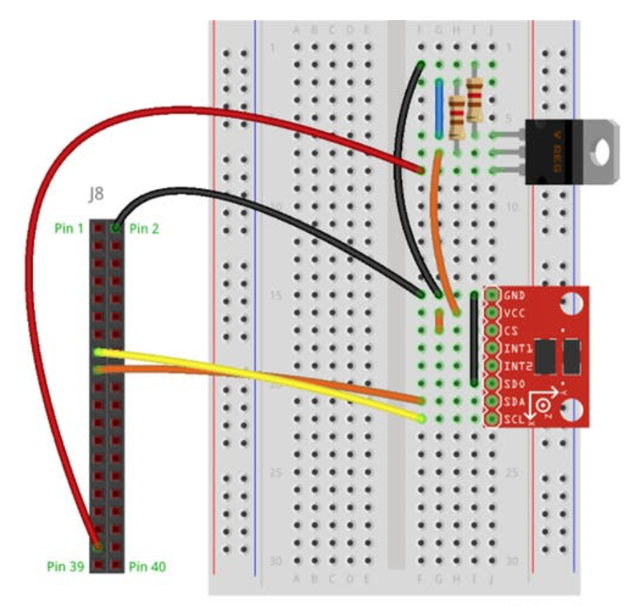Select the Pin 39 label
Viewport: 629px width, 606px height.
coord(67,567)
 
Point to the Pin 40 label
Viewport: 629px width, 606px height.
coord(148,567)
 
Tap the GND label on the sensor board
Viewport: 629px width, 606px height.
coord(514,295)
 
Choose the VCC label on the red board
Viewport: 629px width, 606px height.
coord(514,313)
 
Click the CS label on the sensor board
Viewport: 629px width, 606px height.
coord(510,331)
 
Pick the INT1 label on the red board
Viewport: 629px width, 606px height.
coord(517,349)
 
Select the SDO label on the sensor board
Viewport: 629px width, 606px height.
coord(514,385)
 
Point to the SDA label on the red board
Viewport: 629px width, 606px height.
coord(514,402)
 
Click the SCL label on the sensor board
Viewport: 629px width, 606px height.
coord(514,420)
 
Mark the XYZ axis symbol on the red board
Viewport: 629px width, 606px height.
coord(543,405)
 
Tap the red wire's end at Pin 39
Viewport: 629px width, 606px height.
coord(96,547)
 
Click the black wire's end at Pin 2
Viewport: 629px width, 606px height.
coord(115,228)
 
